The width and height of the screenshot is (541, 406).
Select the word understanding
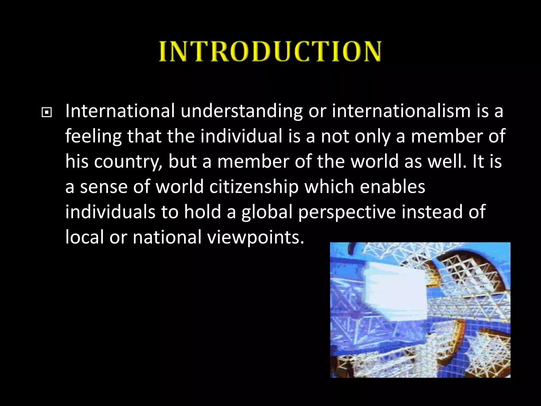tap(241, 111)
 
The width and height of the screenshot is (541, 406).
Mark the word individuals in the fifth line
tap(110, 211)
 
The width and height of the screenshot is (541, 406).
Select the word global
tap(267, 212)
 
